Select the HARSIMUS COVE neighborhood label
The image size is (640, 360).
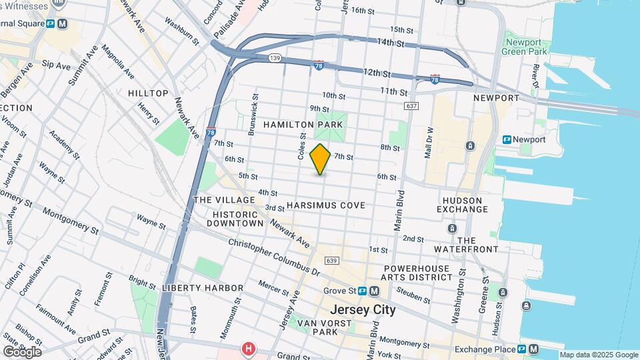(326, 205)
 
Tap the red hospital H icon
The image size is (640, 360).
(249, 349)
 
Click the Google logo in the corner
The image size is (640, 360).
(22, 351)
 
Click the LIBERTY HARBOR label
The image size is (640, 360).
(202, 287)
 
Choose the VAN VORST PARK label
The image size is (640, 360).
(317, 327)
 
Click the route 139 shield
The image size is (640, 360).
(275, 59)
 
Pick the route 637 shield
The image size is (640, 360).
(411, 106)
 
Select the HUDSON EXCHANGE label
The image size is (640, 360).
(462, 204)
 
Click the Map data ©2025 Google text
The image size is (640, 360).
(599, 355)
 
